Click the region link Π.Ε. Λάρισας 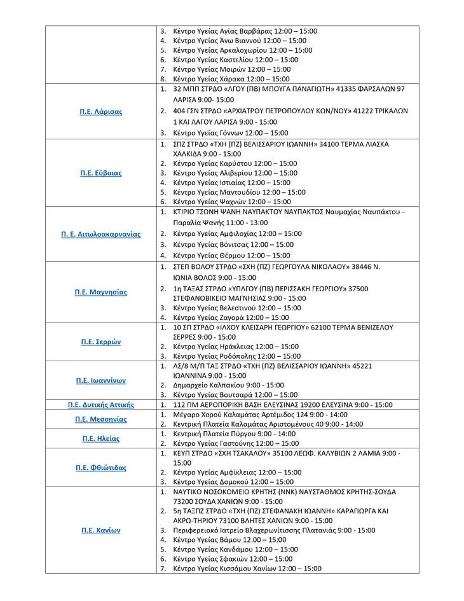101,112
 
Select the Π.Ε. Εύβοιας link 101,173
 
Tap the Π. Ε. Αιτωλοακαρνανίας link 101,234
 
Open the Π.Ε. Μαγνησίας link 101,293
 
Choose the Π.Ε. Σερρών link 101,342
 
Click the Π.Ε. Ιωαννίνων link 101,381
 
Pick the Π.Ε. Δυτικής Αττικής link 101,404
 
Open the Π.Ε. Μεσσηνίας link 101,420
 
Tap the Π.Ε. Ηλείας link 101,439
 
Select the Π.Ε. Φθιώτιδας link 101,468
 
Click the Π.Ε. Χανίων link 101,530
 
